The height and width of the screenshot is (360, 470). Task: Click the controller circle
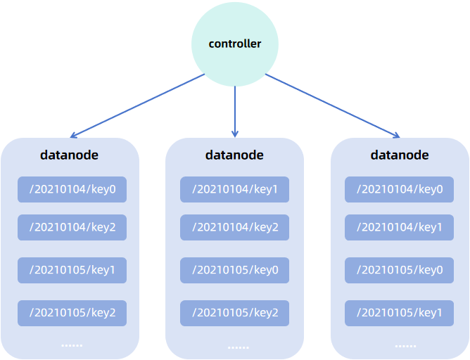[x=235, y=44]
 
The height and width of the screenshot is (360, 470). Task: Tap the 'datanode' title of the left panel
[x=70, y=155]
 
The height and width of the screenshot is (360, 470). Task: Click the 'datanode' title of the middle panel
[x=234, y=155]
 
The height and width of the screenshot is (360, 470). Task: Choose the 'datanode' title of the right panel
[x=400, y=155]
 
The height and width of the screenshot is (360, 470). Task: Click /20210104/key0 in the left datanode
[x=72, y=189]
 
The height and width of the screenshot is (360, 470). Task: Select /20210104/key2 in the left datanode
[x=72, y=227]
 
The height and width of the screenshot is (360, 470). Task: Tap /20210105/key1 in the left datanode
[x=72, y=270]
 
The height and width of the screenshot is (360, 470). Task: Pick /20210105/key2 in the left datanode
[x=72, y=313]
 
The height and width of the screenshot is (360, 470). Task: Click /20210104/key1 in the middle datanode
[x=234, y=189]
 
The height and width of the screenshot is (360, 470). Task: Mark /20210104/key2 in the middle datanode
[x=234, y=227]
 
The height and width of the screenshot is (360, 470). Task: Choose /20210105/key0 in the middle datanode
[x=234, y=270]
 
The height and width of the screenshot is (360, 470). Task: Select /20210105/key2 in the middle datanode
[x=234, y=313]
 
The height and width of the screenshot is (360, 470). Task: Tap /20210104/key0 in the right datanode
[x=399, y=189]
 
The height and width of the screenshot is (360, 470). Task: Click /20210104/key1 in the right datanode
[x=399, y=227]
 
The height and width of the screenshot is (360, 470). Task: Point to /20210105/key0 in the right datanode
[x=399, y=270]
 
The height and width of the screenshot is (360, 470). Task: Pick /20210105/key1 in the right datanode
[x=399, y=313]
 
